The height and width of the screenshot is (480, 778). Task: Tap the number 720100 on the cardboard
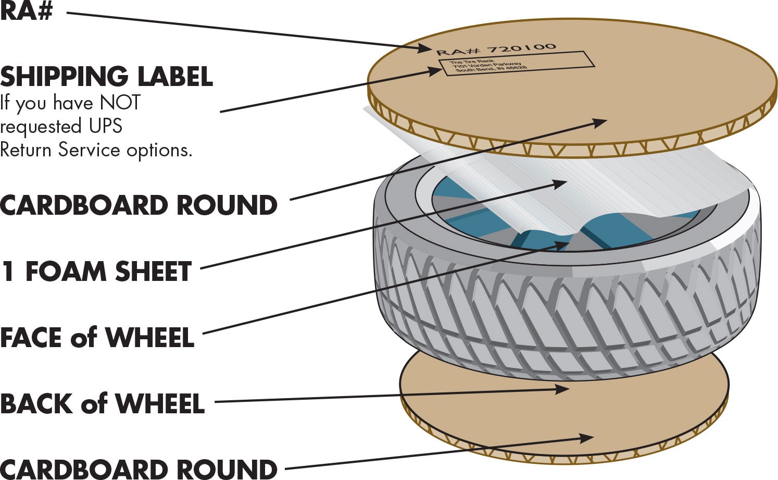click(x=522, y=48)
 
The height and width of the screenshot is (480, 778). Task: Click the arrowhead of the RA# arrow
click(x=427, y=49)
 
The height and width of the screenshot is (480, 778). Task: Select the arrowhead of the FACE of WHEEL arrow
click(x=563, y=244)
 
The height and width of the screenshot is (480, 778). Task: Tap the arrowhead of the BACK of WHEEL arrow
click(x=563, y=389)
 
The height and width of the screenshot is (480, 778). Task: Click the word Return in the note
click(x=26, y=150)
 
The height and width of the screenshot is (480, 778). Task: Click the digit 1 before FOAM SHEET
click(x=7, y=272)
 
